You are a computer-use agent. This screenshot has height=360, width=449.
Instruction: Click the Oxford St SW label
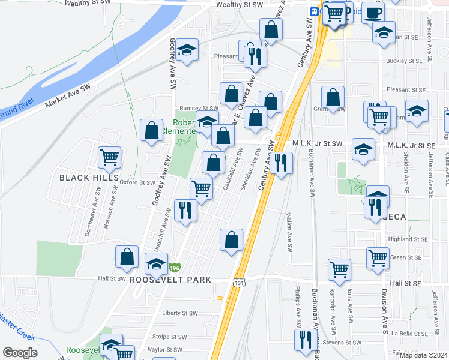[137, 182]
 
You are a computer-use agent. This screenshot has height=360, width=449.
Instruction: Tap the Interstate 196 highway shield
[174, 267]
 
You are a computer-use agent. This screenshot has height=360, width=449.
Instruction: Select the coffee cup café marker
[372, 13]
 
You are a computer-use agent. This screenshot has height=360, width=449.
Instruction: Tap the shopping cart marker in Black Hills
[109, 158]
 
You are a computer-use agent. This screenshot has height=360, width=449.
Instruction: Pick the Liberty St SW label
[180, 313]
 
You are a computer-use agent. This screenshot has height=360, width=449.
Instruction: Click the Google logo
[19, 353]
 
